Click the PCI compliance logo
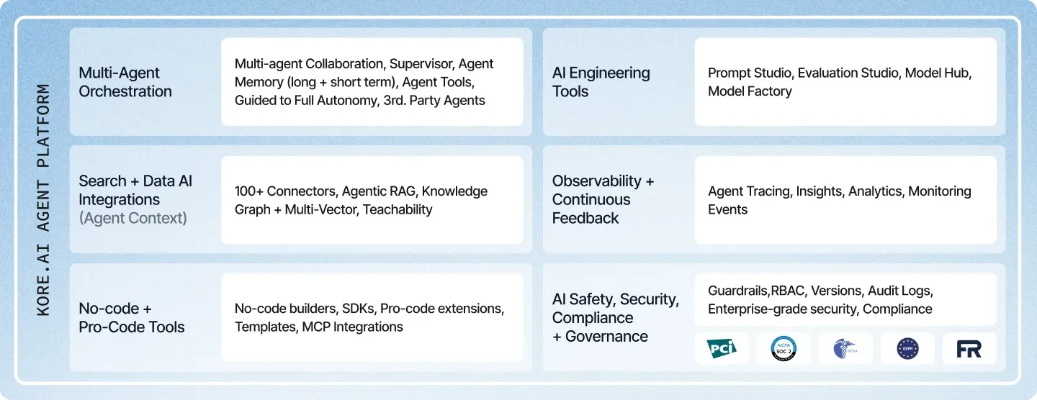coord(722,348)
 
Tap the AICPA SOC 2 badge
coord(784,348)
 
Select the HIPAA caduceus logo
coord(845,348)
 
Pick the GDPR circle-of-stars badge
coord(907,348)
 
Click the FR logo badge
coord(969,349)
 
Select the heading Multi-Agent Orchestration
coord(125,82)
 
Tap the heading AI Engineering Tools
coord(601,82)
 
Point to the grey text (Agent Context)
coord(133,218)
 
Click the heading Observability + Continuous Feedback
coord(603,199)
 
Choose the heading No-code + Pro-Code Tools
coord(131,317)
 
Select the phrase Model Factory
coord(750,91)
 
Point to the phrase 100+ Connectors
coord(285,191)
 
